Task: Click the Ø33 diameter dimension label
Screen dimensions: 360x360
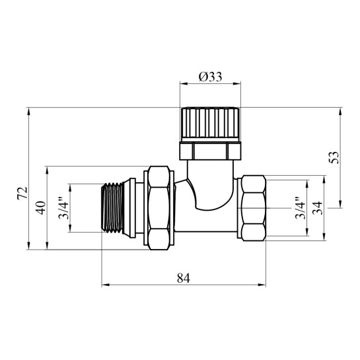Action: [x=210, y=77]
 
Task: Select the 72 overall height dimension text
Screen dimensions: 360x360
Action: [x=22, y=193]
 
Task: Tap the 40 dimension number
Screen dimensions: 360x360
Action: [x=41, y=208]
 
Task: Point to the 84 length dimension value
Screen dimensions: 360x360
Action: [x=184, y=278]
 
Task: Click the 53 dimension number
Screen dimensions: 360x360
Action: [x=334, y=157]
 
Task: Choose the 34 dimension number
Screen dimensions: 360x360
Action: [x=318, y=208]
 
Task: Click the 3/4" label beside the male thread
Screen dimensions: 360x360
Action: [x=63, y=208]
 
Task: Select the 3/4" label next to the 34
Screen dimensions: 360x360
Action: [x=301, y=208]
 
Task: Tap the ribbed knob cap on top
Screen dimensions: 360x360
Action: [x=210, y=124]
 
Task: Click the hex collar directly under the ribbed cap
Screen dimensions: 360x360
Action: [x=210, y=151]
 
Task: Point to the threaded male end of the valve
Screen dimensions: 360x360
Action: [x=113, y=208]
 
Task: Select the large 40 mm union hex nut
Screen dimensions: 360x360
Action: [x=159, y=208]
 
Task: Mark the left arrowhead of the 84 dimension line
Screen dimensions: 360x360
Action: [x=106, y=285]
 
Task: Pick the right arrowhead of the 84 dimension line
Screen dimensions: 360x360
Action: [x=262, y=285]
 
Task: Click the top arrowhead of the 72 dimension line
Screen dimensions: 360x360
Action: [x=28, y=112]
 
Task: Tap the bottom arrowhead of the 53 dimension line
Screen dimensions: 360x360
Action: [x=340, y=204]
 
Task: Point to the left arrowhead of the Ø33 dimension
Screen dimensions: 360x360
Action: [x=184, y=83]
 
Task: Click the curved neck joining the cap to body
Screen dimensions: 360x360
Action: [x=210, y=185]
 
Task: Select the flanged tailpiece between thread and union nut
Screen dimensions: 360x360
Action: [x=133, y=208]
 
